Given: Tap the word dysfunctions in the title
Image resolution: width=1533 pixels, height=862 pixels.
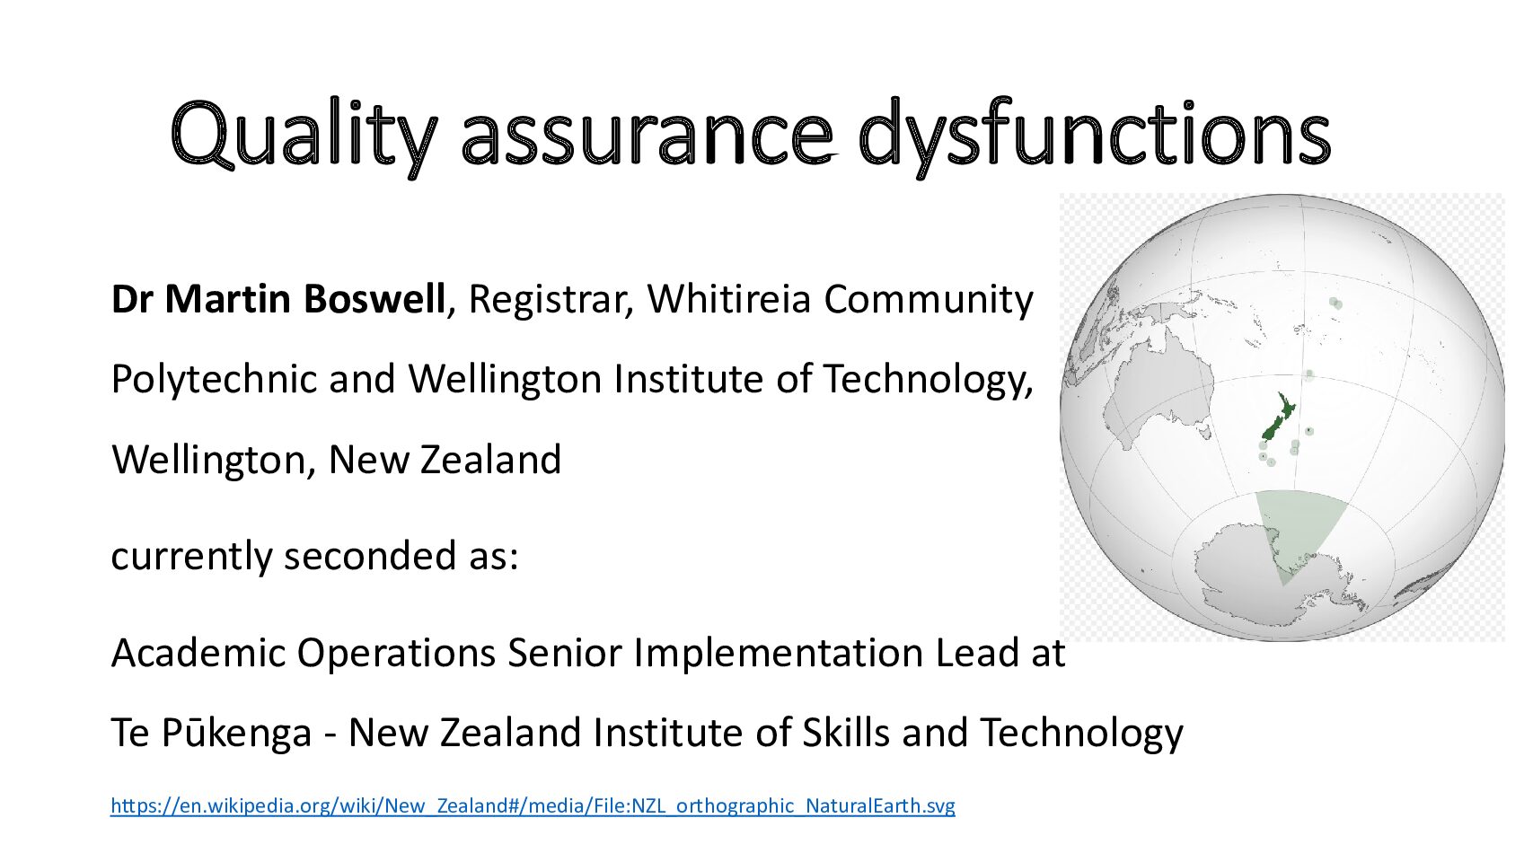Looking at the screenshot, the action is (1095, 135).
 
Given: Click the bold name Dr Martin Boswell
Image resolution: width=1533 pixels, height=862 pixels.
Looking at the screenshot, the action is (278, 299).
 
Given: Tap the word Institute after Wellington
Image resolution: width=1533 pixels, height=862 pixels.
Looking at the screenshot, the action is (689, 379).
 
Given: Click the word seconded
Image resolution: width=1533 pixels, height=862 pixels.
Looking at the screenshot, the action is (370, 555).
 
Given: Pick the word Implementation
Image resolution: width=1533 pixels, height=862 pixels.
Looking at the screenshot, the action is (779, 654).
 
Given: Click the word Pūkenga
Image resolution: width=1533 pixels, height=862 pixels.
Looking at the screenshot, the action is (237, 734).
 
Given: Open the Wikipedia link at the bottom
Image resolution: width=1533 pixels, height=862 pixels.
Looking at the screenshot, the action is (533, 806).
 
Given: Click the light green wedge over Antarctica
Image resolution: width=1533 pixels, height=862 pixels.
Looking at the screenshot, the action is (1296, 529).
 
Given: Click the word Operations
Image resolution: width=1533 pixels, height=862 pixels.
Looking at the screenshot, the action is (396, 654).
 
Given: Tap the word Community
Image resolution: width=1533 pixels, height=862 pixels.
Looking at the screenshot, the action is (929, 301).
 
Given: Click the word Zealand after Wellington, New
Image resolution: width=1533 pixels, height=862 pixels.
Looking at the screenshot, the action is (490, 460).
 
